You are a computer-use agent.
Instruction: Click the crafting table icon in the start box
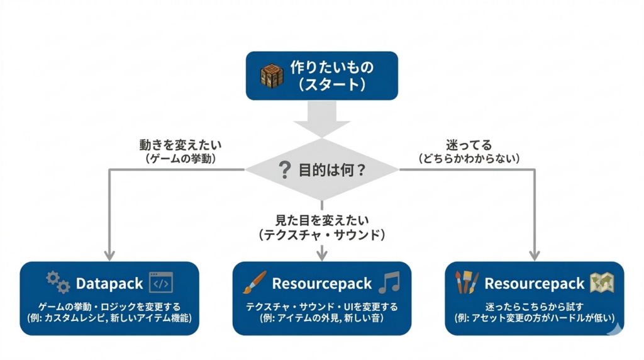click(272, 76)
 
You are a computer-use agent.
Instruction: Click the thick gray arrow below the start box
click(321, 120)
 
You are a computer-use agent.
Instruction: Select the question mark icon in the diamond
click(285, 170)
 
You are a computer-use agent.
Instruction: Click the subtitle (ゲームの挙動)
click(177, 159)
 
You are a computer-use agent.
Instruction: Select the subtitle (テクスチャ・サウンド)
click(321, 235)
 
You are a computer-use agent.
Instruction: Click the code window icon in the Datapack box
click(160, 284)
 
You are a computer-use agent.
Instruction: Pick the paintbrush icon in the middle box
click(255, 283)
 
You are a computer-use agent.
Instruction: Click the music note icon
click(389, 283)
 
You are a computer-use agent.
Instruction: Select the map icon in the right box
click(602, 283)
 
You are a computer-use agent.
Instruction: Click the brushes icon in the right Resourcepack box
click(467, 283)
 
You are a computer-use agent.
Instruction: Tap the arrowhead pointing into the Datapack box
click(109, 256)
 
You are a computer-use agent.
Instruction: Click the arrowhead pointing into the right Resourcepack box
click(535, 256)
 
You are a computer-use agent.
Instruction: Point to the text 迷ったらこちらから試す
click(534, 307)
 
